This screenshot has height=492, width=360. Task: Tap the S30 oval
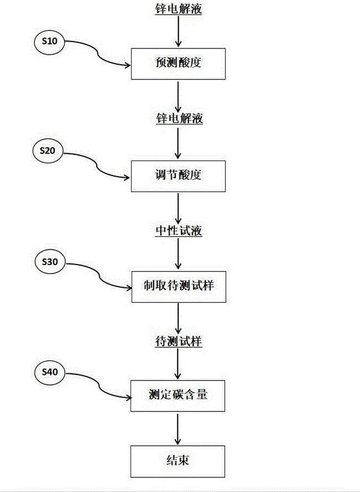(x=49, y=262)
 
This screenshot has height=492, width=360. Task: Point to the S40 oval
(x=49, y=372)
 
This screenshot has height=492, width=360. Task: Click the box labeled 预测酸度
(x=178, y=64)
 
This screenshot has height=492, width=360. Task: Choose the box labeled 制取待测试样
(x=178, y=287)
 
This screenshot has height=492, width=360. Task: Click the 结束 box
(x=178, y=461)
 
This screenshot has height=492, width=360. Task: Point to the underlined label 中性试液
(x=178, y=231)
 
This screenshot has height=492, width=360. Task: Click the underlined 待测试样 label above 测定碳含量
(x=178, y=341)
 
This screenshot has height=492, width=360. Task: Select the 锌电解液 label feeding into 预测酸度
(x=178, y=9)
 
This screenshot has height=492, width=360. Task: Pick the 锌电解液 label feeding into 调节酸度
(x=178, y=119)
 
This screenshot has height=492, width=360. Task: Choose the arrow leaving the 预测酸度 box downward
(x=178, y=96)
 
